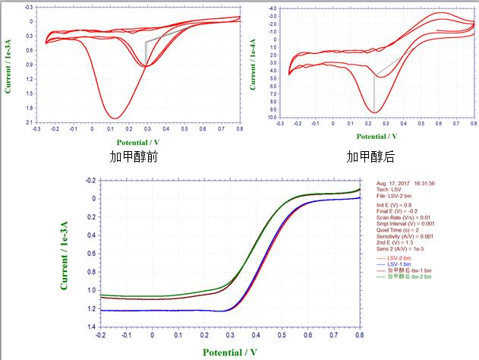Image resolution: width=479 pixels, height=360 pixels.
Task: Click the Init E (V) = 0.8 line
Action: tap(398, 204)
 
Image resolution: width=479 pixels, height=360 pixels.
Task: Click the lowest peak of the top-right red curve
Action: tap(374, 112)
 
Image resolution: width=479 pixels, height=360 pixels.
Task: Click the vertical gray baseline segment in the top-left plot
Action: tap(146, 53)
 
